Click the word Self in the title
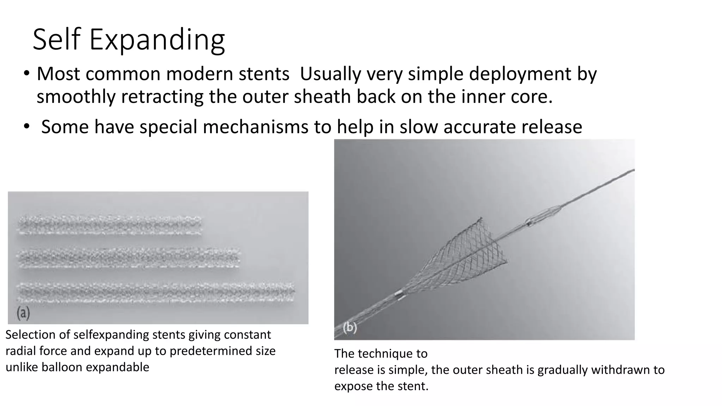coord(56,39)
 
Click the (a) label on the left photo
coord(23,313)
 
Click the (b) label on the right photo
coord(350,328)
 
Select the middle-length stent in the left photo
coord(129,258)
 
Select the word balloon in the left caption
coord(62,367)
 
